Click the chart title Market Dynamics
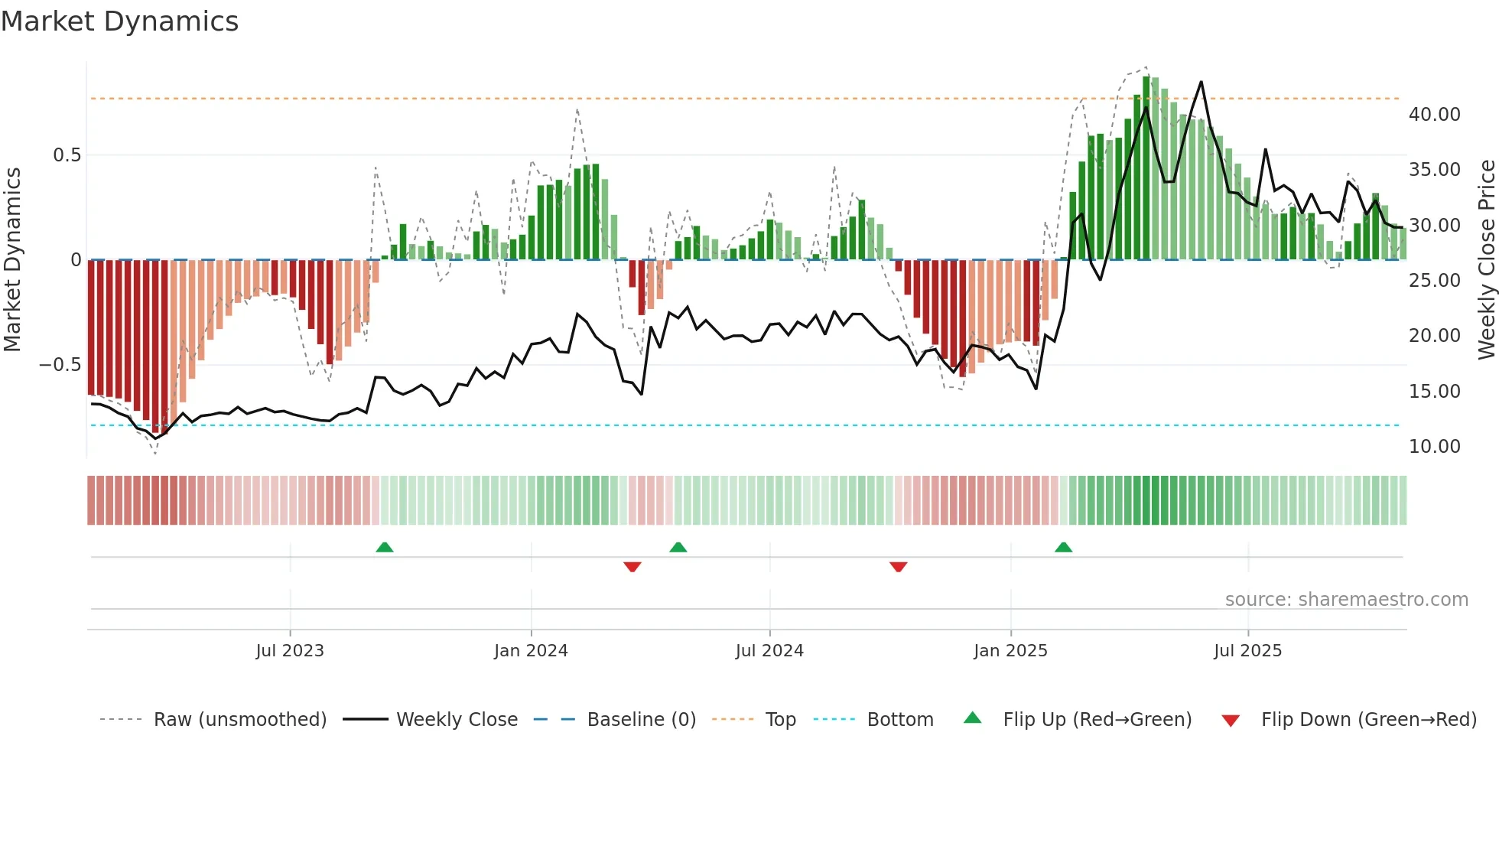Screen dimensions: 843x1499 click(119, 21)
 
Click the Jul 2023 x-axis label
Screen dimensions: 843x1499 click(290, 651)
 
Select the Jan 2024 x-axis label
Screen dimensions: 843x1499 click(531, 651)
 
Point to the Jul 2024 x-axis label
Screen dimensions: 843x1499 click(769, 651)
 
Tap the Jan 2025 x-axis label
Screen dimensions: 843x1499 click(1010, 651)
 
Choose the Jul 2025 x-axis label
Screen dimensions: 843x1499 click(1247, 651)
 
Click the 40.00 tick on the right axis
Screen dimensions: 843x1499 click(1434, 115)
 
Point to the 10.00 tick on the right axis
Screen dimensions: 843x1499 click(1434, 447)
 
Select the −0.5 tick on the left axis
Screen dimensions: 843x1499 click(60, 365)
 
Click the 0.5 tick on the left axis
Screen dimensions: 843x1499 click(67, 155)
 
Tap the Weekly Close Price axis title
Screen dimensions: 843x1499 click(1486, 260)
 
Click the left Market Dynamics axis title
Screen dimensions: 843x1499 click(12, 260)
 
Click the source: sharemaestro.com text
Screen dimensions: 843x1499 click(1346, 600)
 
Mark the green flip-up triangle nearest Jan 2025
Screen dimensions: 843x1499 click(1063, 548)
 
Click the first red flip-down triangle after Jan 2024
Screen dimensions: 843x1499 click(632, 567)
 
